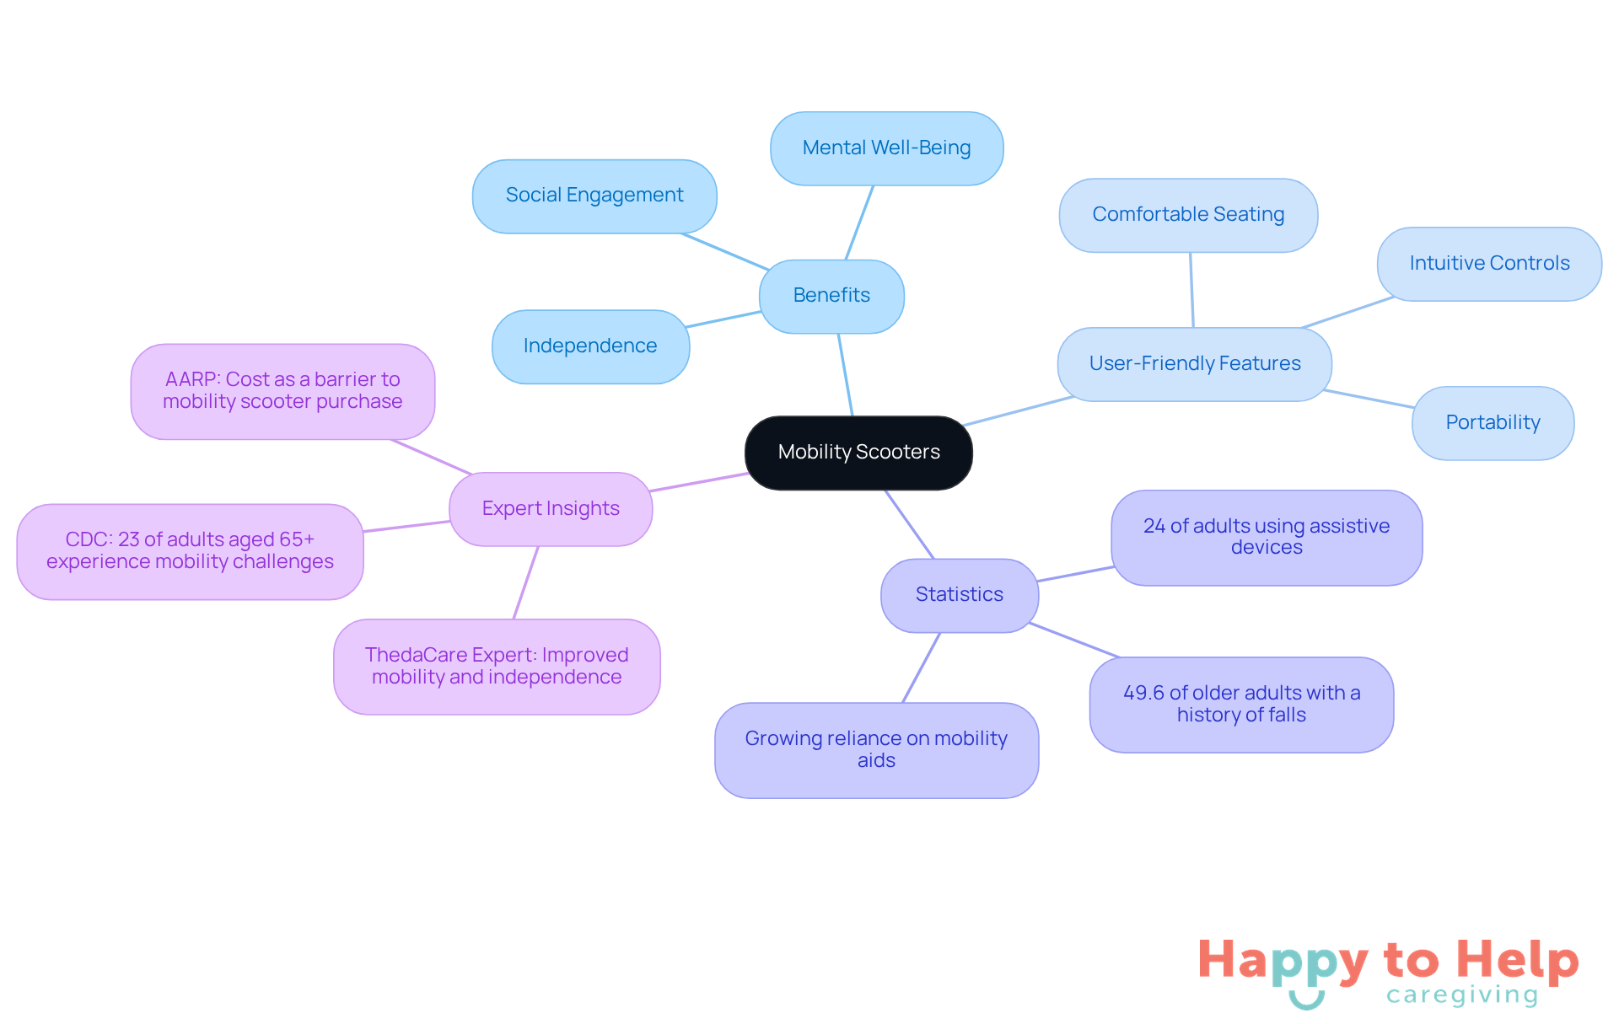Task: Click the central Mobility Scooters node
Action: pos(858,453)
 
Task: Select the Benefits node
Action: pos(831,296)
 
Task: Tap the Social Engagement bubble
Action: pos(594,196)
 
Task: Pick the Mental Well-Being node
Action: pos(886,148)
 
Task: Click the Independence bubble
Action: pos(590,346)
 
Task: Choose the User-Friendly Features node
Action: pos(1194,364)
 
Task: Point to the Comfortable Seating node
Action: pos(1188,215)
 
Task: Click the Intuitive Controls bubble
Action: pos(1489,264)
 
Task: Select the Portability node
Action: pos(1493,423)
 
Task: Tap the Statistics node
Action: pos(959,595)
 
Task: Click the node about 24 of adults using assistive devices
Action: pos(1266,537)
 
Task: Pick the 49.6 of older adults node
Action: pos(1241,705)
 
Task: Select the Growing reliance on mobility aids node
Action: pos(876,750)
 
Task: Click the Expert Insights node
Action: pos(551,509)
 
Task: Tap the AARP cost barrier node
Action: pos(282,391)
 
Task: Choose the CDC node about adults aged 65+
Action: pos(190,551)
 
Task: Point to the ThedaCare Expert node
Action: pos(497,667)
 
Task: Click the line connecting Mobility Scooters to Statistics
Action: pos(909,523)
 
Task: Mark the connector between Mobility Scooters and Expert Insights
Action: pos(700,482)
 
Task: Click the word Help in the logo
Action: pos(1517,960)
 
